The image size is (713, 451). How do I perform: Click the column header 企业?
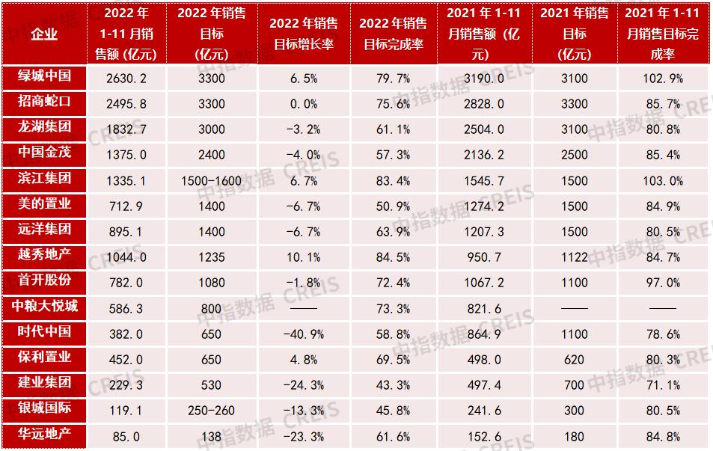click(x=44, y=34)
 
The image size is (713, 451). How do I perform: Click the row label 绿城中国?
click(x=44, y=77)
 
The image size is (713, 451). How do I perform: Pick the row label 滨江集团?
click(x=44, y=180)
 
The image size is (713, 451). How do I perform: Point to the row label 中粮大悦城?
click(x=44, y=307)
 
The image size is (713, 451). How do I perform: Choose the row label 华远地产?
click(x=44, y=434)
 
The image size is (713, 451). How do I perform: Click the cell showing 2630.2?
click(x=126, y=78)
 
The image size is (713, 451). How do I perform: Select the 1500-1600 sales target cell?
click(x=211, y=180)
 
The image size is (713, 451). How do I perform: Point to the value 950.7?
click(x=485, y=257)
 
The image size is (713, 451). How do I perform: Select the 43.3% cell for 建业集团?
click(x=394, y=384)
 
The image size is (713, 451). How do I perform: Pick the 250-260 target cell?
click(x=211, y=409)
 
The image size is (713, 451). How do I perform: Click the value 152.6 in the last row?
click(x=485, y=435)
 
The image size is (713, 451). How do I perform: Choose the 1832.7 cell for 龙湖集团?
click(x=126, y=129)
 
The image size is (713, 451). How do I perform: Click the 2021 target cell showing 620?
click(x=574, y=358)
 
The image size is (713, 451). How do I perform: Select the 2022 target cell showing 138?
click(x=211, y=435)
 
